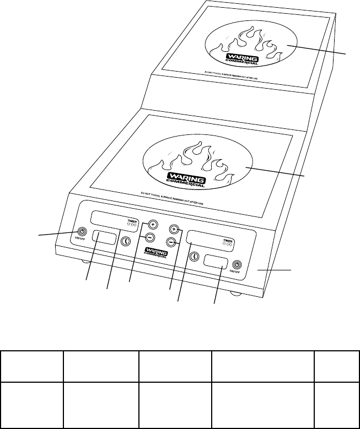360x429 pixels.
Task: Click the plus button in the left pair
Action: point(153,224)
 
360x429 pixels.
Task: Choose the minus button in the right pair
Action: point(171,242)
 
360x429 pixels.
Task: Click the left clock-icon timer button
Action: point(125,241)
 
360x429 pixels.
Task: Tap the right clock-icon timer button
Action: point(194,256)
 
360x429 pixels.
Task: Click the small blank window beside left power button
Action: point(104,238)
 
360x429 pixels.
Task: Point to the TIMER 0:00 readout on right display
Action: point(228,243)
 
